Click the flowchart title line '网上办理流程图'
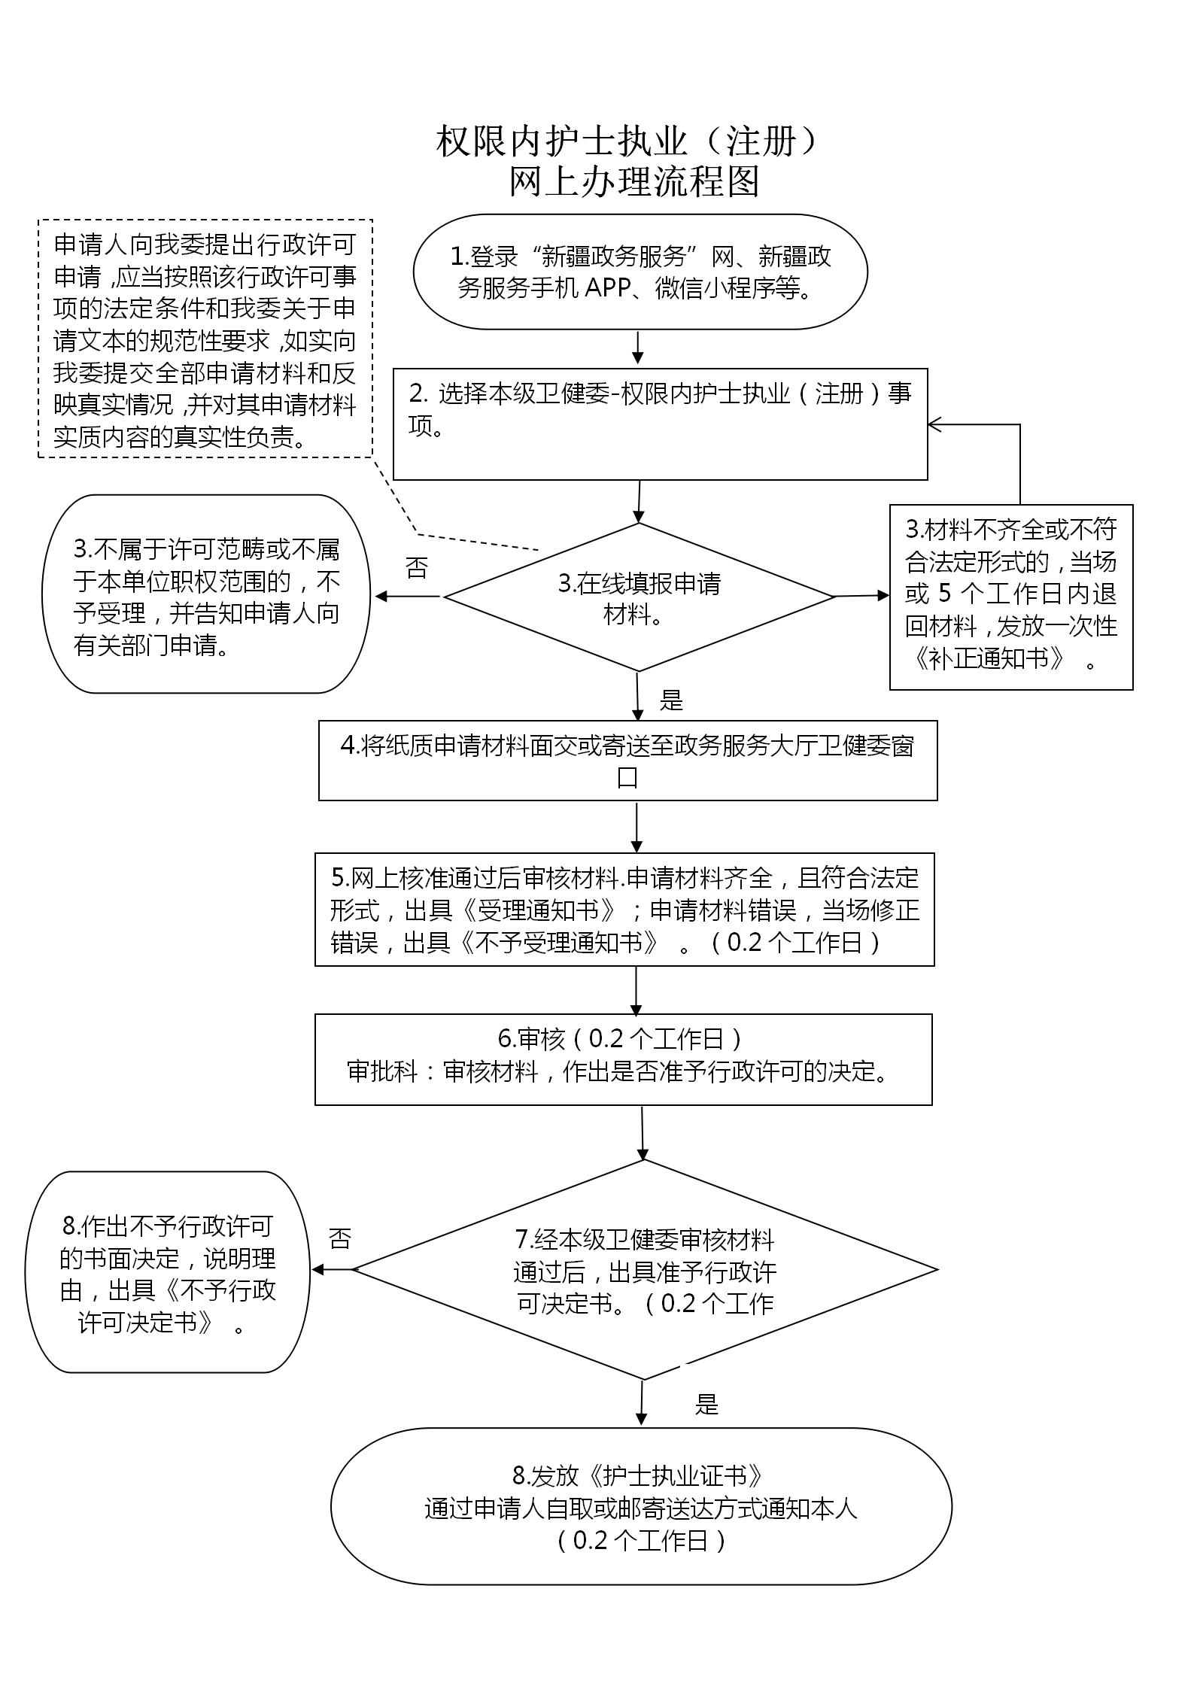click(634, 181)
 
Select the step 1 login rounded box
click(640, 272)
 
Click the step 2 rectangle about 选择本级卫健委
click(660, 424)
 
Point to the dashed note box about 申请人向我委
click(205, 339)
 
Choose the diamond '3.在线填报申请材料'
click(639, 597)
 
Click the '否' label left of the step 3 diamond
click(416, 568)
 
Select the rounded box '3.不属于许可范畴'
click(206, 594)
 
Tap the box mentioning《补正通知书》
click(1010, 597)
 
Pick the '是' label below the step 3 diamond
click(671, 700)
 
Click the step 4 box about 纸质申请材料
click(627, 761)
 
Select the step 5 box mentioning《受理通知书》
click(624, 910)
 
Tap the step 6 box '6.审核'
click(623, 1059)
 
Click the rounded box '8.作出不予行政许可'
click(168, 1272)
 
